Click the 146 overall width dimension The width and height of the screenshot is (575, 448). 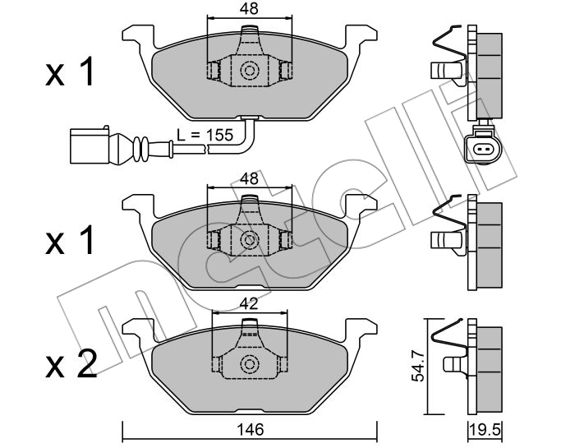click(250, 429)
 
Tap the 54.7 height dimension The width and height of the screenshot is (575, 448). click(417, 366)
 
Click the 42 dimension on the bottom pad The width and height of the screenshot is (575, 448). click(250, 304)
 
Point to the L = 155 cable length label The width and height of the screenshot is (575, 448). click(205, 135)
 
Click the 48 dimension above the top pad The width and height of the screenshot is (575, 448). click(250, 8)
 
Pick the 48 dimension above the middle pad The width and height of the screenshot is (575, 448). click(250, 178)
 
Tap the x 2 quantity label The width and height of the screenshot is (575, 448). click(71, 363)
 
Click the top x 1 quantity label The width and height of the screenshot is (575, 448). click(70, 72)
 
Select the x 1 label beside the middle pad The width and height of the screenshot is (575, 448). click(70, 240)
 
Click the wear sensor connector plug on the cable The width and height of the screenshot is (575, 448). click(90, 145)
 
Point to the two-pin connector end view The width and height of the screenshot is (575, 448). click(482, 149)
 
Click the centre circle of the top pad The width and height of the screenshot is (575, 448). click(250, 71)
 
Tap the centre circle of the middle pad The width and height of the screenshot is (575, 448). click(250, 240)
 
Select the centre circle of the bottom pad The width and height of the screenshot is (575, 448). click(250, 364)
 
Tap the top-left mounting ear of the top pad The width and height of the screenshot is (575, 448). click(137, 35)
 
